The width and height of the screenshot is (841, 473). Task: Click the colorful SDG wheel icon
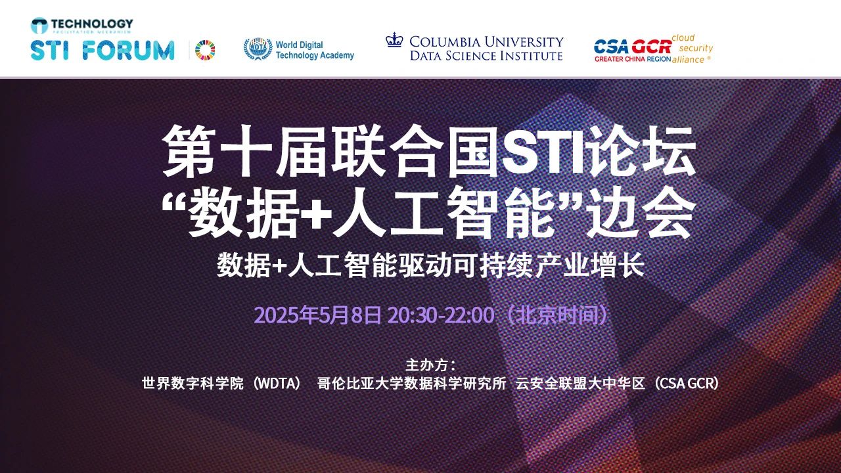pos(205,49)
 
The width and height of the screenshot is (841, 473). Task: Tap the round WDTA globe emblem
pos(258,49)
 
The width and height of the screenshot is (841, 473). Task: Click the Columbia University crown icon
pos(394,40)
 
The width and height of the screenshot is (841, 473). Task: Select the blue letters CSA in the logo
pos(611,47)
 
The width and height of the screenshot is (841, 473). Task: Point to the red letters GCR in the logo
pos(651,47)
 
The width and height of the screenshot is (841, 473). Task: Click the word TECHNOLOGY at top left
pos(92,24)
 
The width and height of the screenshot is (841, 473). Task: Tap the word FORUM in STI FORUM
pos(128,51)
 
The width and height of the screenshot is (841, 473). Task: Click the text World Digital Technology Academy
pos(315,50)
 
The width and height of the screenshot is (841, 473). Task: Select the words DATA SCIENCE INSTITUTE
pos(486,56)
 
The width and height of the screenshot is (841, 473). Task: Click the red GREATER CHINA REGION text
pos(633,59)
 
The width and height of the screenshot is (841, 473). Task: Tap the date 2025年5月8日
pos(317,315)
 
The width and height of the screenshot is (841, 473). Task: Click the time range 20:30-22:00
pos(441,315)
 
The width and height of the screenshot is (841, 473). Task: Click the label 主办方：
pos(431,365)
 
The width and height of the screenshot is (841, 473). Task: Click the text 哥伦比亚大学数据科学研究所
pos(411,384)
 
